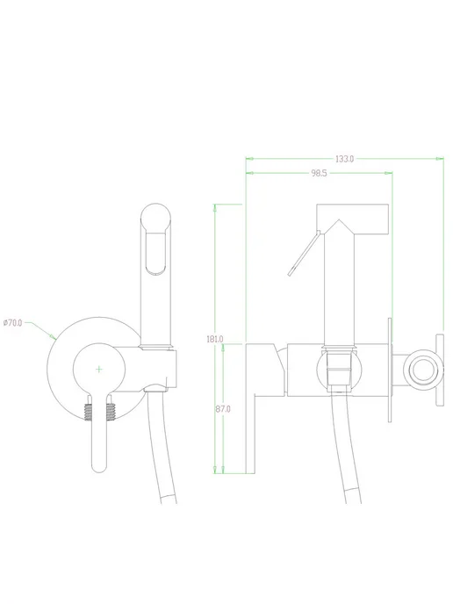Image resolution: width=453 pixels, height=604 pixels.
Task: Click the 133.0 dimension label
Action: click(344, 159)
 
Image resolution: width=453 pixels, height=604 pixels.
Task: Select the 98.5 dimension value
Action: click(319, 173)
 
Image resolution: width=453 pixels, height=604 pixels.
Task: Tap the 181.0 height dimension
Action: click(214, 340)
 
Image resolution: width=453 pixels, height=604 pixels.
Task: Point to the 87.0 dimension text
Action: click(223, 409)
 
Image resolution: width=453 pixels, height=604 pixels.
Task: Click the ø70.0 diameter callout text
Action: click(12, 323)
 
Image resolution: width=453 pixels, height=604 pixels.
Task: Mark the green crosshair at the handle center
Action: click(99, 370)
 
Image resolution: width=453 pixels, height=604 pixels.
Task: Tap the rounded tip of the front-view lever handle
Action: click(99, 467)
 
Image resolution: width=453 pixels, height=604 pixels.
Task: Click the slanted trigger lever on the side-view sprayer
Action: click(304, 254)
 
